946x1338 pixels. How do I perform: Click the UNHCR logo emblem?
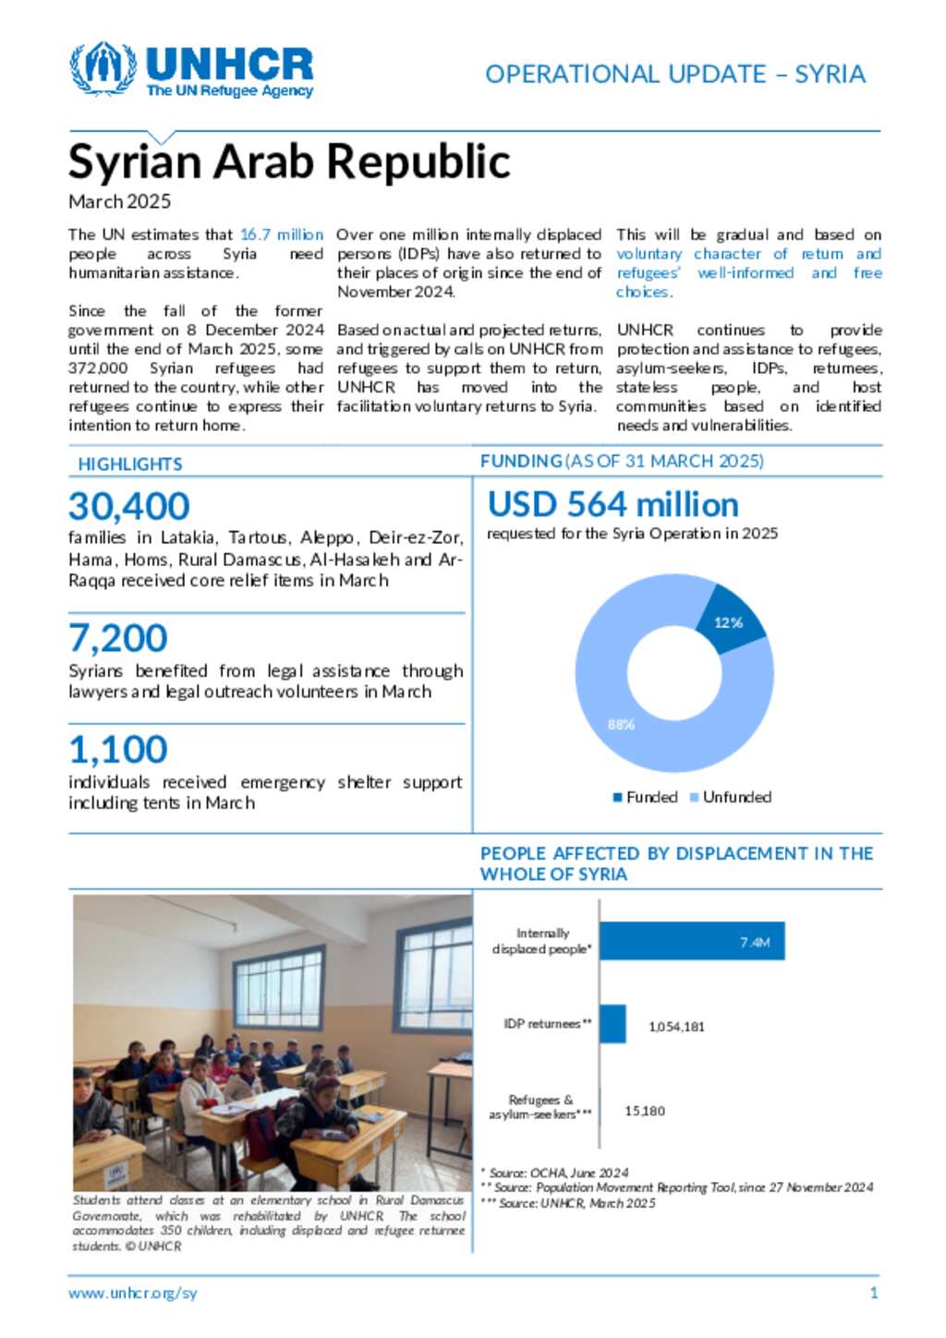click(x=103, y=68)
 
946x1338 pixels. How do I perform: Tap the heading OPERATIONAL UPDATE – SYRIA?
click(x=674, y=74)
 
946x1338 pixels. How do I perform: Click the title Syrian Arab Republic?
click(x=289, y=162)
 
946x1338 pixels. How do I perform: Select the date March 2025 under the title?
click(x=119, y=201)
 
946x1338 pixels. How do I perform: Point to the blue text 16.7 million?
click(x=282, y=235)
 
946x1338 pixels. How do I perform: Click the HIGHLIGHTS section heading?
click(x=130, y=464)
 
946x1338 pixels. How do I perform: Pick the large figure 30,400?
click(x=129, y=506)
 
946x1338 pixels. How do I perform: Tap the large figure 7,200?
click(x=118, y=638)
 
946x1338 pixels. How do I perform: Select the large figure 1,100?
click(x=118, y=749)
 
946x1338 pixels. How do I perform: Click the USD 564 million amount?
click(x=612, y=504)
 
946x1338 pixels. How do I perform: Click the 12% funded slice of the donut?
click(x=729, y=621)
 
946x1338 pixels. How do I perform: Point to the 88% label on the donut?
click(x=621, y=724)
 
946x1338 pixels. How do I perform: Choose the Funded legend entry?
click(x=646, y=797)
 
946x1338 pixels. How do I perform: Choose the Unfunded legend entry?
click(x=731, y=797)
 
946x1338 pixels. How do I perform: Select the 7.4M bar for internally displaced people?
click(x=692, y=941)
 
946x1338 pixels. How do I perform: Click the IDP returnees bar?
click(x=612, y=1024)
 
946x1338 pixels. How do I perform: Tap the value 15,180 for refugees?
click(x=645, y=1111)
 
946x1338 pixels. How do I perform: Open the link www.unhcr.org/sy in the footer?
click(x=132, y=1293)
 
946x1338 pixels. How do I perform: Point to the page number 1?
click(x=874, y=1293)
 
